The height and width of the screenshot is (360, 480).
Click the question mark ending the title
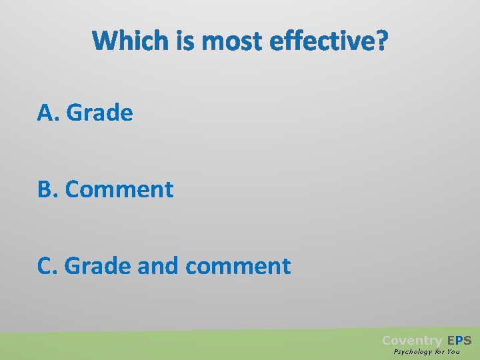(380, 42)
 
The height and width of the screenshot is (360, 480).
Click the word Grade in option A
(99, 113)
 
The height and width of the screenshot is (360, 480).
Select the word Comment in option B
(119, 189)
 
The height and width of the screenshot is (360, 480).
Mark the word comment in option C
(238, 266)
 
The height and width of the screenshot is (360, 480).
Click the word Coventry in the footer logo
(412, 341)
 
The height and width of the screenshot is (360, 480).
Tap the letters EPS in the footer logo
(459, 341)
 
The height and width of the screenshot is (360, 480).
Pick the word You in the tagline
(453, 352)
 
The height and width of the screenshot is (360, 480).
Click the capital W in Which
(103, 42)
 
